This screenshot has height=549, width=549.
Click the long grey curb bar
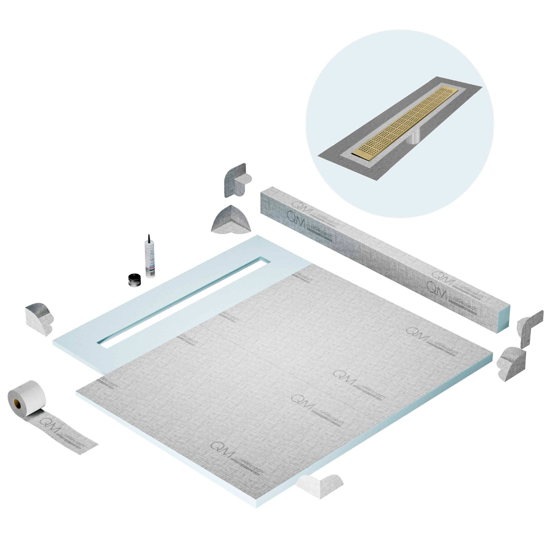[384, 261]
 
